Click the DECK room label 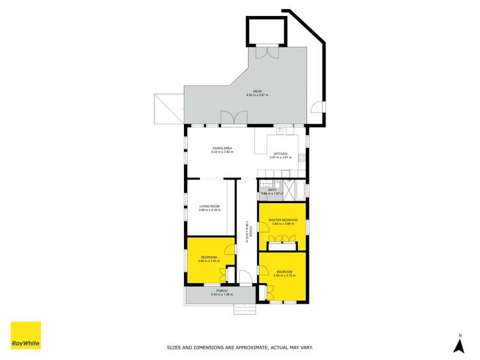tap(257, 91)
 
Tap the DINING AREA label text tap(222, 148)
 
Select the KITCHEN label tap(281, 154)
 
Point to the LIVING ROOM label tap(210, 206)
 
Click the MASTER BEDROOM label tap(282, 220)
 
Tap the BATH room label tap(272, 190)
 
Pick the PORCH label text tap(222, 291)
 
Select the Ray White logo tap(26, 335)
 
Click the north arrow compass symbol tap(458, 345)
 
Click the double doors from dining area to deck tap(233, 118)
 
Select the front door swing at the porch tap(244, 277)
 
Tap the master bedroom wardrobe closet tap(282, 245)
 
